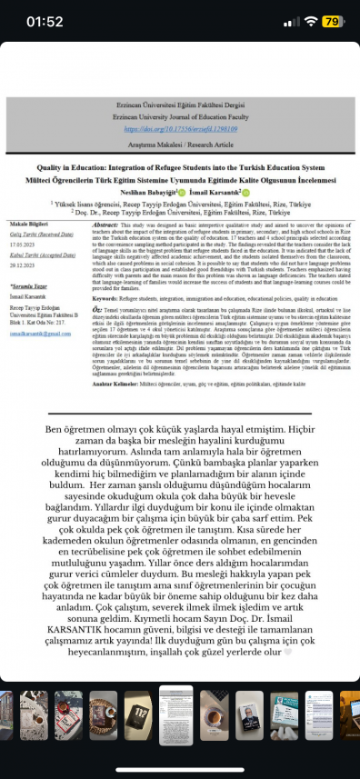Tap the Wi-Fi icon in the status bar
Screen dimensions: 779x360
coord(309,19)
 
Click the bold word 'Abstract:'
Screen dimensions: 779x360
coord(106,224)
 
